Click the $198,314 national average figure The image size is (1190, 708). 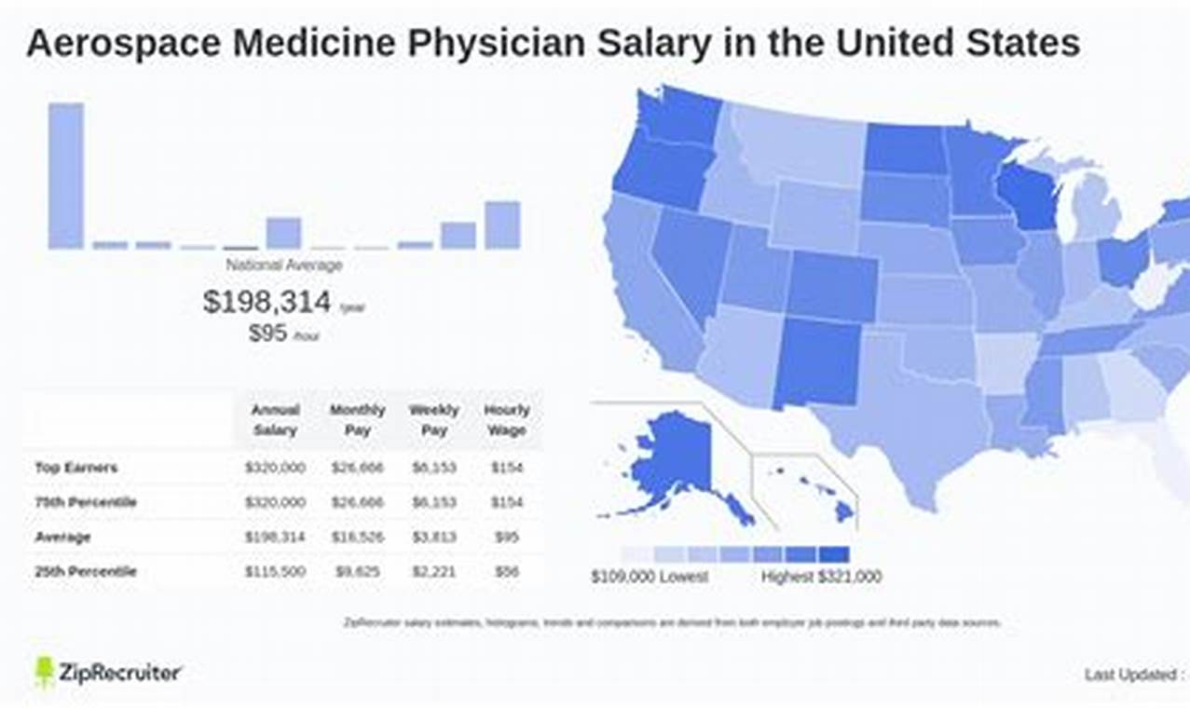(x=267, y=302)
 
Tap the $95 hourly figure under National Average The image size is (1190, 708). (x=267, y=334)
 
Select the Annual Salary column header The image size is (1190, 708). (x=275, y=420)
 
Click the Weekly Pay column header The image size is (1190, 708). (x=433, y=420)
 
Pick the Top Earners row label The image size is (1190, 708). (x=76, y=468)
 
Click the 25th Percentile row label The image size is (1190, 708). (x=86, y=571)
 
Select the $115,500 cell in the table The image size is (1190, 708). (x=275, y=571)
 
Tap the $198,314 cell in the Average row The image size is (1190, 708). (x=275, y=538)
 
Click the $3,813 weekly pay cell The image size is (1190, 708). (x=433, y=538)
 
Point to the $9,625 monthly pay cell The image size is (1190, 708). (x=357, y=571)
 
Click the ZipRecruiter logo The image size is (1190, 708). (x=108, y=673)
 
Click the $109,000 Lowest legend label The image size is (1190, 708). (x=650, y=578)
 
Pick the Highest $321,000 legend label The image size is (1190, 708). (x=821, y=578)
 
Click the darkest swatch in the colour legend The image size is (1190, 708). (x=835, y=554)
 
